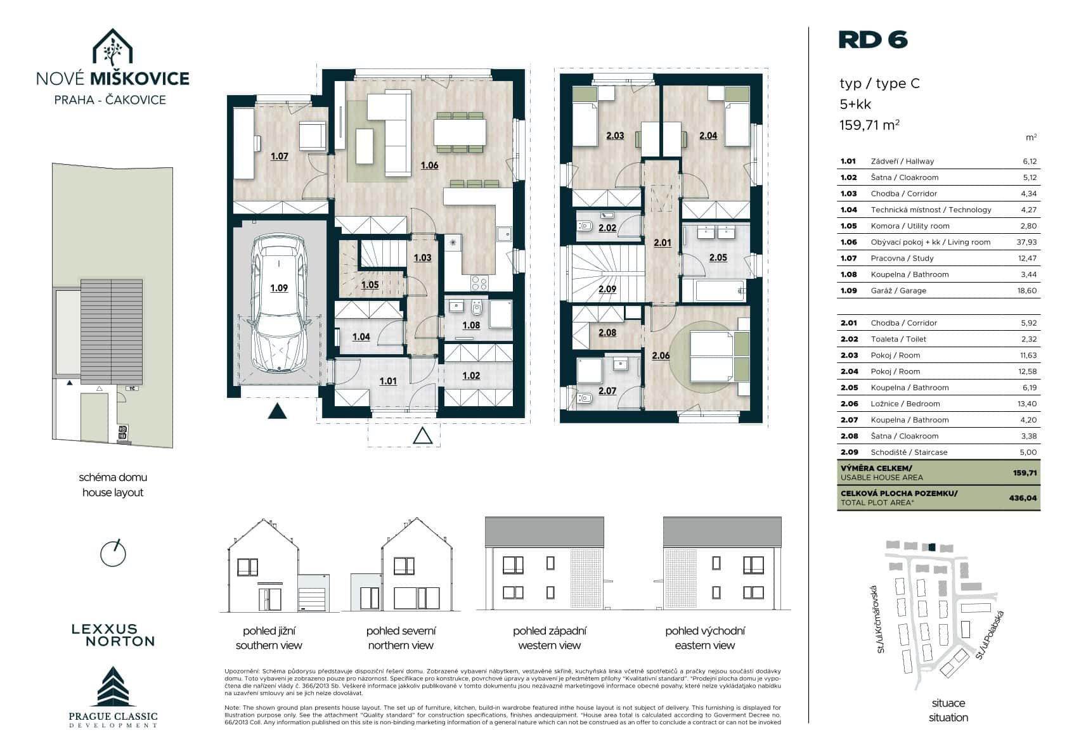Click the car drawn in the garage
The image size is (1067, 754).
click(x=279, y=304)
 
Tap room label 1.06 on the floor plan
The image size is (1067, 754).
click(x=429, y=165)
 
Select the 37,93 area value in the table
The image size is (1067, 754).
click(x=1026, y=242)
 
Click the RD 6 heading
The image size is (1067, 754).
click(x=872, y=39)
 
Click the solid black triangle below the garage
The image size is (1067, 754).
click(x=277, y=411)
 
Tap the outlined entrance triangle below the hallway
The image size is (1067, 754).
click(x=422, y=435)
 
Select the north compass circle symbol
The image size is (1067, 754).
click(x=113, y=553)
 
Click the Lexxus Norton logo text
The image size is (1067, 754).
click(x=113, y=635)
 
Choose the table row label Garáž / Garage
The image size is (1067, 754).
click(x=898, y=290)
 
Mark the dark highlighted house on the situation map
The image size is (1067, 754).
click(x=932, y=547)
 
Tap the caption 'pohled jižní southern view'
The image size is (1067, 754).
click(x=269, y=638)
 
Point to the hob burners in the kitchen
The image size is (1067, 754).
click(x=479, y=283)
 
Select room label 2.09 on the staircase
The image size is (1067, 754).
click(x=607, y=289)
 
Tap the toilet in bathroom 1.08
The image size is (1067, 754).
click(x=476, y=308)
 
